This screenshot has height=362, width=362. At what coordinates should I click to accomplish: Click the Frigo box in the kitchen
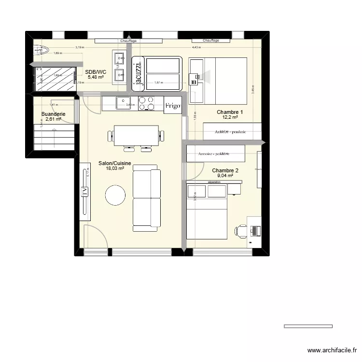coord(172,105)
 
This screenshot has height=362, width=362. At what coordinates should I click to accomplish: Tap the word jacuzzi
coord(139,73)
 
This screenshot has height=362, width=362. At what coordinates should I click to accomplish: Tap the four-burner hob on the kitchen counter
coord(147,103)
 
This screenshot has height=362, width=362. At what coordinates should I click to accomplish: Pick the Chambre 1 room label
coord(230,112)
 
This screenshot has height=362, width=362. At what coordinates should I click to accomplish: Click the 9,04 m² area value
coord(225,176)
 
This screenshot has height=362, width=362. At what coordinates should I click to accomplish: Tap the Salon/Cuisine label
coord(115,164)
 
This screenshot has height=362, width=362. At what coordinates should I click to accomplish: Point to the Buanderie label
coord(53,114)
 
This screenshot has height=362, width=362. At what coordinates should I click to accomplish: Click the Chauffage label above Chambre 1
coord(211,41)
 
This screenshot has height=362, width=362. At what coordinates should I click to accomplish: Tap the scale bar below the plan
coord(308,326)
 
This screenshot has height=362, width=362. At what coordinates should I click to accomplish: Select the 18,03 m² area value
coord(115,169)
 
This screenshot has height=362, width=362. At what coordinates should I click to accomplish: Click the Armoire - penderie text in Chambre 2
coord(214,154)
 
